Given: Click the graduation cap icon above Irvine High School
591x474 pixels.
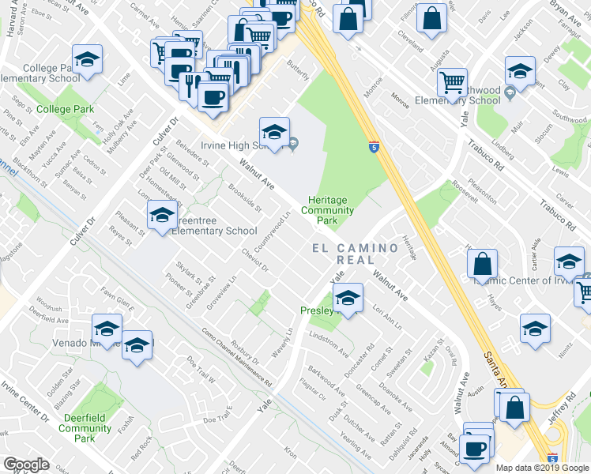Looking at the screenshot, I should click(274, 131).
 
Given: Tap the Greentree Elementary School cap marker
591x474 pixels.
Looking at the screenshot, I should click(162, 215).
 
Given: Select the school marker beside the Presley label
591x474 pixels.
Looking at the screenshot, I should click(346, 299).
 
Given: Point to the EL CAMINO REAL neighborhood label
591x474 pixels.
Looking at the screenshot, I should click(356, 254).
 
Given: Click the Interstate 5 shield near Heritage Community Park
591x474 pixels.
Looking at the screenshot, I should click(374, 146).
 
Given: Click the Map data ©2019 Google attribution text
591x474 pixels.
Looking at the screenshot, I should click(541, 468).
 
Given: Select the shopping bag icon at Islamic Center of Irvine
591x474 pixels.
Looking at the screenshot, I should click(484, 263).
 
